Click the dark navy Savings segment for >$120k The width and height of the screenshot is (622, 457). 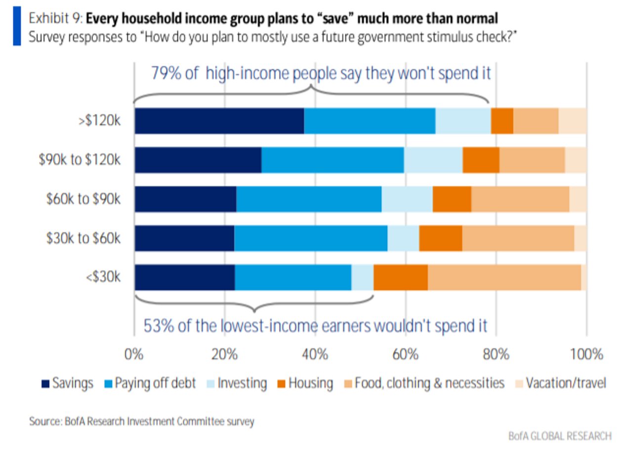(x=219, y=121)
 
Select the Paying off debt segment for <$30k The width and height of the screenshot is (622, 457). (x=292, y=277)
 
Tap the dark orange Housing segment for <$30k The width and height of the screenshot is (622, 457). (x=400, y=277)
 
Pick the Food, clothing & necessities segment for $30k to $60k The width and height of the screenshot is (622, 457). (x=518, y=238)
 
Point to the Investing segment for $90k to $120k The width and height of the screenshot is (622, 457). (x=433, y=160)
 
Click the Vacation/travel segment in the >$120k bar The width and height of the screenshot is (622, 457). (x=572, y=121)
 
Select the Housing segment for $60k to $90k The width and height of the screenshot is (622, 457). (x=452, y=199)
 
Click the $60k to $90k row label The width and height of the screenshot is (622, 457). (x=83, y=199)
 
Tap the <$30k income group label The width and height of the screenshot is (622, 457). (x=103, y=277)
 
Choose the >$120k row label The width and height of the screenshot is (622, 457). (x=101, y=121)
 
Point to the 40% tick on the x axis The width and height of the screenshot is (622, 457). (x=315, y=355)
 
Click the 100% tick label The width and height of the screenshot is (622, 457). (x=586, y=355)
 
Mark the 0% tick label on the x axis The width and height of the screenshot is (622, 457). (x=134, y=355)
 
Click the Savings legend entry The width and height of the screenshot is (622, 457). (x=68, y=383)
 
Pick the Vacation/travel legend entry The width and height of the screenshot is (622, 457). (x=560, y=383)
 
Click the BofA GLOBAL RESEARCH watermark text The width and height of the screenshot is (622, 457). (x=560, y=436)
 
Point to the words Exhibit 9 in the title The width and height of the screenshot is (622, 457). (x=55, y=19)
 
